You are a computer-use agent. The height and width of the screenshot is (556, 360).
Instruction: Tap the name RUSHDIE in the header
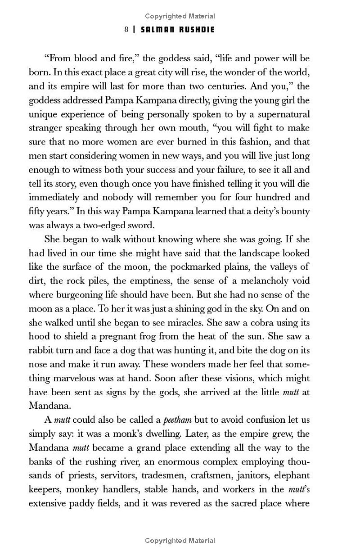(x=195, y=29)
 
